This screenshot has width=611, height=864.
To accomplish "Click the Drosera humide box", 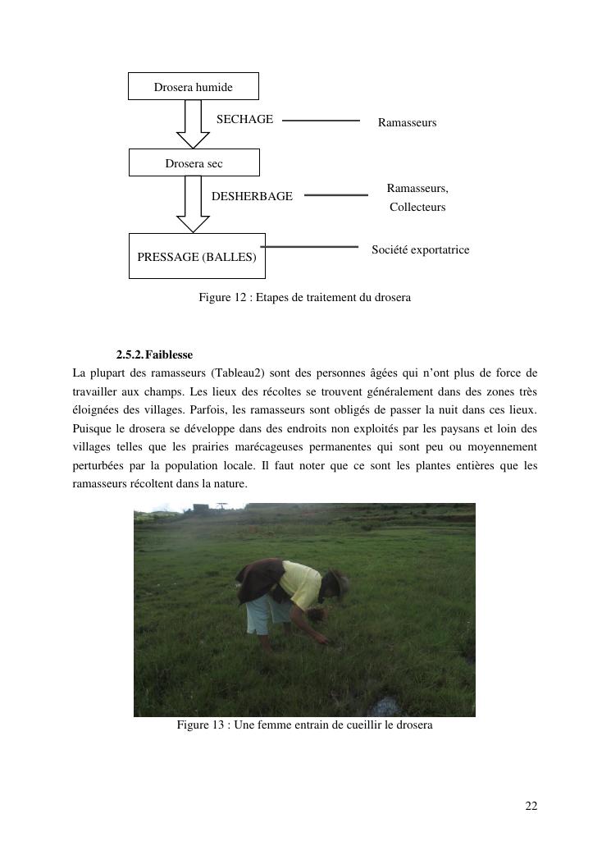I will pyautogui.click(x=193, y=86).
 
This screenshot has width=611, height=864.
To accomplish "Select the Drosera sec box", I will pyautogui.click(x=194, y=162).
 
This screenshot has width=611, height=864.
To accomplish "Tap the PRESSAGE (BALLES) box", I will pyautogui.click(x=197, y=256).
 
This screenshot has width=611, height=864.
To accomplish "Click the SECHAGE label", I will pyautogui.click(x=244, y=120).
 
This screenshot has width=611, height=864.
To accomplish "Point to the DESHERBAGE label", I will pyautogui.click(x=252, y=196).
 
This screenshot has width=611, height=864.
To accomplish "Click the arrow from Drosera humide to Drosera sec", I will pyautogui.click(x=194, y=123).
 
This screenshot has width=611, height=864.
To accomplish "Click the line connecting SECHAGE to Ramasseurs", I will pyautogui.click(x=321, y=121).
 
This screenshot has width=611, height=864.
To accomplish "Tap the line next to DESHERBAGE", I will pyautogui.click(x=335, y=195).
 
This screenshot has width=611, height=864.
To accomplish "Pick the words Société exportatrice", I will pyautogui.click(x=420, y=249).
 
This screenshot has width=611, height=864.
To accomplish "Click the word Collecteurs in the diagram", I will pyautogui.click(x=417, y=207).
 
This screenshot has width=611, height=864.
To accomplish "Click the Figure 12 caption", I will pyautogui.click(x=304, y=297).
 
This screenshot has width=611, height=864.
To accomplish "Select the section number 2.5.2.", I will pyautogui.click(x=130, y=355).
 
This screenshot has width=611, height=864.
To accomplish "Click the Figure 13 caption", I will pyautogui.click(x=304, y=725).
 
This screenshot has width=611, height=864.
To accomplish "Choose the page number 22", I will pyautogui.click(x=531, y=807).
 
